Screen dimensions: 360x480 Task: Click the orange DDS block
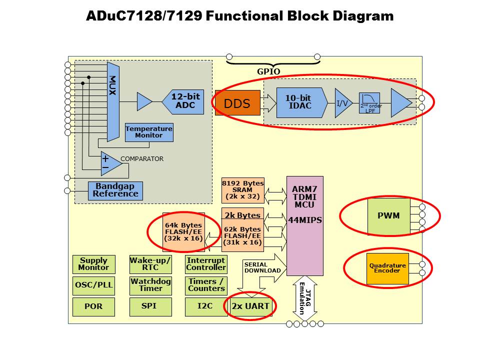click(x=237, y=103)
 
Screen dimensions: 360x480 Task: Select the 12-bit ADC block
click(x=183, y=101)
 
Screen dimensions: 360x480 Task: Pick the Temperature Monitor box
click(x=149, y=132)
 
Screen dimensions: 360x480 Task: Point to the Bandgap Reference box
click(x=115, y=190)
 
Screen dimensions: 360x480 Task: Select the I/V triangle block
click(x=342, y=103)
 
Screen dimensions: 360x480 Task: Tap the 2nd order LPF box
click(x=369, y=103)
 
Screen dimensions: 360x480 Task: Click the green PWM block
click(x=388, y=216)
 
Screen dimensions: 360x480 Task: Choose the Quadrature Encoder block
click(x=387, y=268)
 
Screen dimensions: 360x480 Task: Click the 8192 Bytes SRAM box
click(x=242, y=190)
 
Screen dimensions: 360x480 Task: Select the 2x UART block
click(x=250, y=306)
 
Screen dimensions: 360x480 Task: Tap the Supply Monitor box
click(x=93, y=264)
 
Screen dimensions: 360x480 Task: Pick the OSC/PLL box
click(x=93, y=285)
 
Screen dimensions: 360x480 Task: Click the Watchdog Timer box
click(x=150, y=285)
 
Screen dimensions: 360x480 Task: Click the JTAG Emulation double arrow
click(x=304, y=298)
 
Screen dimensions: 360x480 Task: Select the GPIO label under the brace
click(x=268, y=71)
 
